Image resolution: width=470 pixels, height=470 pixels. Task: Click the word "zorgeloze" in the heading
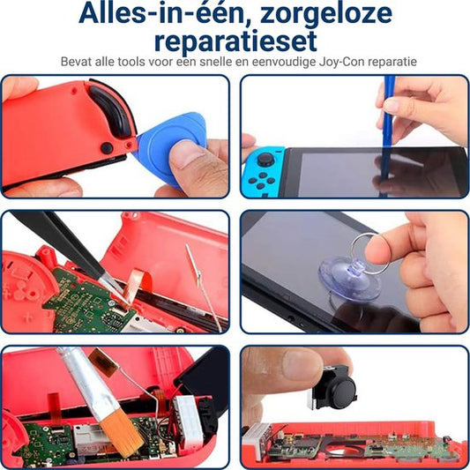click(326, 13)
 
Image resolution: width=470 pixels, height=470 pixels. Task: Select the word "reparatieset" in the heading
click(235, 41)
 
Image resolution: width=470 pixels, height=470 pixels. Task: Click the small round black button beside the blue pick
click(107, 148)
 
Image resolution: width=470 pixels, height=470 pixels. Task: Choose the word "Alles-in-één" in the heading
click(161, 13)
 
